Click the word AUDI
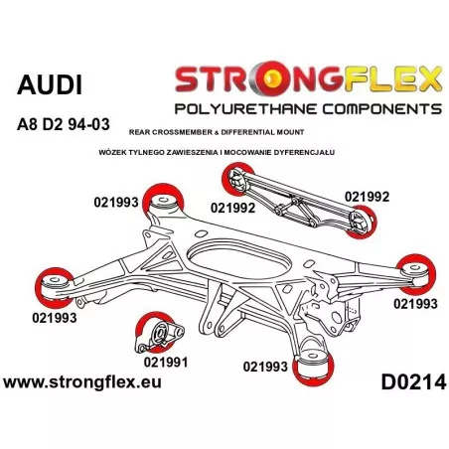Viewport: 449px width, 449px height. (x=50, y=85)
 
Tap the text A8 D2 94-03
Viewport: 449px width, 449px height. (x=63, y=124)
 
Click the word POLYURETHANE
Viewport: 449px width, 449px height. (x=246, y=108)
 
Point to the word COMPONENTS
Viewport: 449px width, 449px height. (x=382, y=108)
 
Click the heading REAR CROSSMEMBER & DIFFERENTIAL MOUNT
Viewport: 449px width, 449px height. (x=217, y=132)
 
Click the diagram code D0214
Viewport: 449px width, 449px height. (x=413, y=382)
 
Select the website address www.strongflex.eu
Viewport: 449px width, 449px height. (x=82, y=381)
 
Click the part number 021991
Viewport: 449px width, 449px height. (x=166, y=362)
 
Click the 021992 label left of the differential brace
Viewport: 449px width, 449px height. (x=232, y=208)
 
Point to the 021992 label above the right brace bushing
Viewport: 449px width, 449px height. (x=367, y=197)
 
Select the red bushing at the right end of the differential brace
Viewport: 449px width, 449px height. (x=363, y=221)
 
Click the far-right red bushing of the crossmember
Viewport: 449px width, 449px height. (x=416, y=273)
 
